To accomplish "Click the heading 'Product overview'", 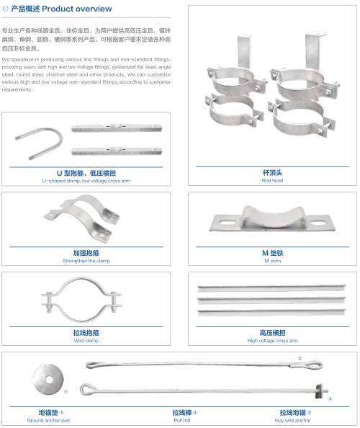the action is tap(76, 9).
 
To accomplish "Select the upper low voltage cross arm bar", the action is tap(117, 128).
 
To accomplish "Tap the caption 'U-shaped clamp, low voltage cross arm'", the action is tap(86, 181).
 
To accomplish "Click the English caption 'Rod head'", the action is tap(272, 180).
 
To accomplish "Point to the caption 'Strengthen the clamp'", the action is tap(86, 261).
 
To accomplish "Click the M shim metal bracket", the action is tap(272, 218).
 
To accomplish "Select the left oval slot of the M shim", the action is tap(228, 223).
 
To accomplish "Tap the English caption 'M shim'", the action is tap(272, 261).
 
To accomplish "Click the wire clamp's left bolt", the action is tap(50, 302).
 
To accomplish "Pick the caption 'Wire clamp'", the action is tap(86, 340).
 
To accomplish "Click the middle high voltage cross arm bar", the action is tap(271, 300).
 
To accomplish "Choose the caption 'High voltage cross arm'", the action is tap(272, 340).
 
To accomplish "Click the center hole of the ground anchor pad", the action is tap(49, 380).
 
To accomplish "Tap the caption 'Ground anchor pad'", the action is tap(48, 420).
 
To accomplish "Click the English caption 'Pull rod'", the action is tap(182, 420).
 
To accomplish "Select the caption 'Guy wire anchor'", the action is tap(292, 420).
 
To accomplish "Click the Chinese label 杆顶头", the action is tap(272, 172).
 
